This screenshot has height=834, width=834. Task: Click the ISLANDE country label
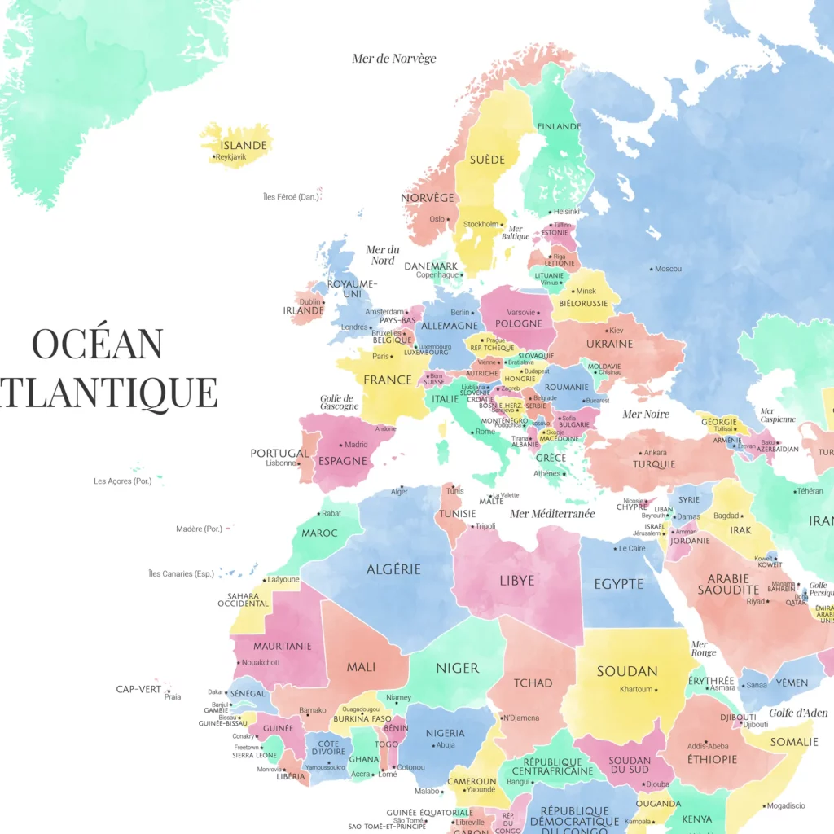coord(244,145)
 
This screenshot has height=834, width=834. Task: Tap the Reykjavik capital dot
coord(214,157)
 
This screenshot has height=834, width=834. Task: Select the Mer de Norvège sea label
coord(394,59)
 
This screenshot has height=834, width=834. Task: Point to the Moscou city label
coord(668,269)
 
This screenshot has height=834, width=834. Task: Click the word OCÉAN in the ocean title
coord(97,344)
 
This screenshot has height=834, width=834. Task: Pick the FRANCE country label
coord(388,380)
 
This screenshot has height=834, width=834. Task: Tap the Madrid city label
coord(356,445)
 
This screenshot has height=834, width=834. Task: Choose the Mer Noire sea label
coord(646,414)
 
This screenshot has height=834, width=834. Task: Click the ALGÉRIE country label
coord(393,569)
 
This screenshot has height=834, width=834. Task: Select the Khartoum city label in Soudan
coord(636,689)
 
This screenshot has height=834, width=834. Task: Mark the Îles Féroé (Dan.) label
coord(290,197)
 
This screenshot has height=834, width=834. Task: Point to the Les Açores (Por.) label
coord(123,481)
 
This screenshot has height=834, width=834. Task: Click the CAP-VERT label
coord(139,689)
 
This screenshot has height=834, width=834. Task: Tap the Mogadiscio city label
coord(786,805)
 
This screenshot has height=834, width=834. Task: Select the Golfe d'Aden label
coord(798,713)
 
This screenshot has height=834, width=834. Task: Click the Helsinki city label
coord(565,212)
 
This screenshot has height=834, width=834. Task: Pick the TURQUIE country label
coord(654,464)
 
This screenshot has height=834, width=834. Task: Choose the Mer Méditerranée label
coord(552,514)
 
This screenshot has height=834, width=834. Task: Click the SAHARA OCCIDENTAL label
coord(243,599)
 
